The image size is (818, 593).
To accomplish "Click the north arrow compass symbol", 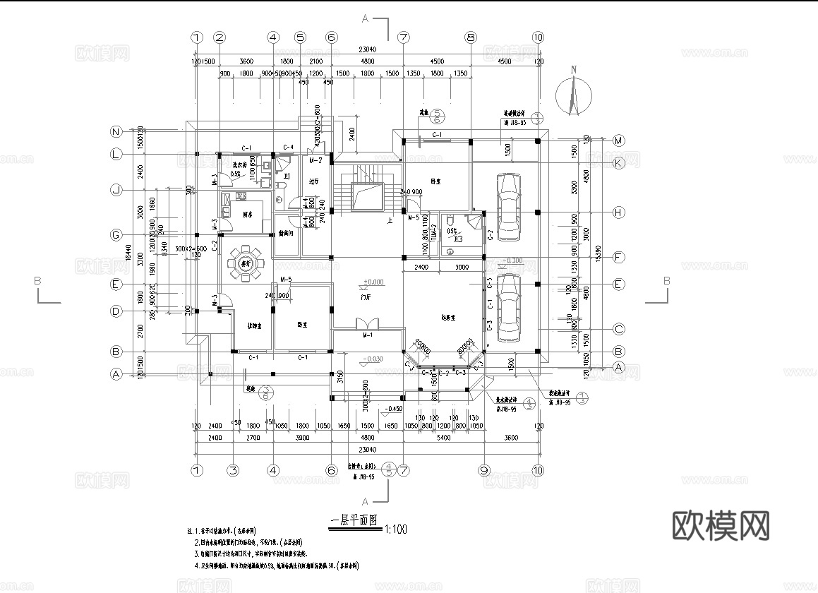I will [x=573, y=96].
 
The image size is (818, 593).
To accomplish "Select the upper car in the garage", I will [x=507, y=206].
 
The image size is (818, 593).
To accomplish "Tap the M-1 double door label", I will [x=368, y=335].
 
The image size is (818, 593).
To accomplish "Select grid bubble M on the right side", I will [x=618, y=140].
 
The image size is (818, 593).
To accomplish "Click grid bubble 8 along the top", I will [x=471, y=37].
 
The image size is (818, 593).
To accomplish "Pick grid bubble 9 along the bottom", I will [x=484, y=469].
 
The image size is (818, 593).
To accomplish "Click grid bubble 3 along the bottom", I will [x=231, y=469].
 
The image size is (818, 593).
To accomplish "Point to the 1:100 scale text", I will [x=395, y=528].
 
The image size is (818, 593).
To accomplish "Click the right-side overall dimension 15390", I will [x=599, y=251].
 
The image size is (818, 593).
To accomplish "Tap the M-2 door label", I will [x=315, y=160].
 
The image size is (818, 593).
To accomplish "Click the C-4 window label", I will [x=288, y=147].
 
